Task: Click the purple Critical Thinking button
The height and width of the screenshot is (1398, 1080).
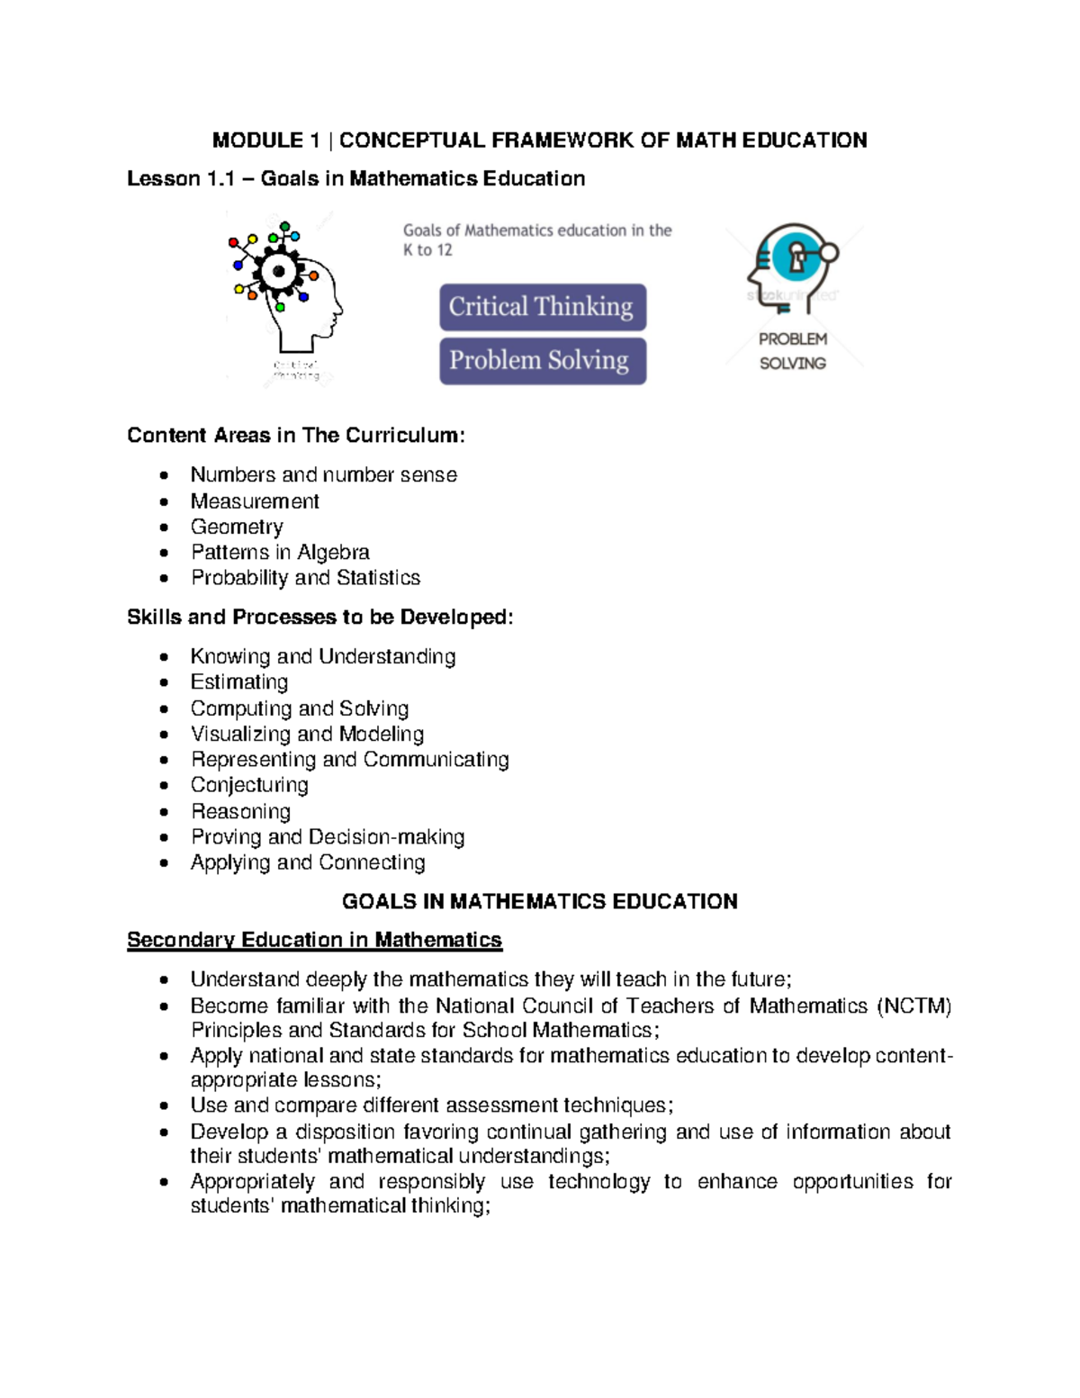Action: pyautogui.click(x=542, y=307)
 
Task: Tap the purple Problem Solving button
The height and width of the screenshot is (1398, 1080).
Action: pyautogui.click(x=542, y=360)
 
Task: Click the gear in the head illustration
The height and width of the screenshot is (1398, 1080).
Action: pyautogui.click(x=278, y=271)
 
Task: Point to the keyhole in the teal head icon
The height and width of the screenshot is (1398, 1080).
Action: pyautogui.click(x=796, y=258)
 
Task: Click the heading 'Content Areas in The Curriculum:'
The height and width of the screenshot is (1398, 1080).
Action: pyautogui.click(x=296, y=436)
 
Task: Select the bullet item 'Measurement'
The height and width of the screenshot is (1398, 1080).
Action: pyautogui.click(x=255, y=501)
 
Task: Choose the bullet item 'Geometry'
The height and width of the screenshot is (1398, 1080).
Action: pyautogui.click(x=237, y=527)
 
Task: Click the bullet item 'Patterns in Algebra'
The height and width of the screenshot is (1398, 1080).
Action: pyautogui.click(x=280, y=552)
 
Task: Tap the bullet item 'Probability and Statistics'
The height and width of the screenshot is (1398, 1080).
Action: pyautogui.click(x=305, y=578)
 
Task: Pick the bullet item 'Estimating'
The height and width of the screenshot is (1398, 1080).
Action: pyautogui.click(x=239, y=682)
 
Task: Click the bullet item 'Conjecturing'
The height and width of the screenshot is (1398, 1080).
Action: pyautogui.click(x=249, y=785)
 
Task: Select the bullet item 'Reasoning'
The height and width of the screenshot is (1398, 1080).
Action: pyautogui.click(x=240, y=811)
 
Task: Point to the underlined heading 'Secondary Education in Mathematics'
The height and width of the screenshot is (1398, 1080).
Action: pyautogui.click(x=314, y=940)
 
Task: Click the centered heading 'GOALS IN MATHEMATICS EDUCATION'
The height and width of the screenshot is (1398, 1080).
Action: pyautogui.click(x=540, y=901)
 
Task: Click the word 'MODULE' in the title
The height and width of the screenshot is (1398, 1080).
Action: pyautogui.click(x=257, y=140)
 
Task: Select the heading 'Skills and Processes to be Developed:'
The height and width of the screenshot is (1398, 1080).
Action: pyautogui.click(x=319, y=618)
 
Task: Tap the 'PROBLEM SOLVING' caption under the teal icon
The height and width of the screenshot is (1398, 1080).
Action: pyautogui.click(x=792, y=351)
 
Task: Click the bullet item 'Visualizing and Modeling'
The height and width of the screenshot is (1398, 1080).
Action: pyautogui.click(x=307, y=734)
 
